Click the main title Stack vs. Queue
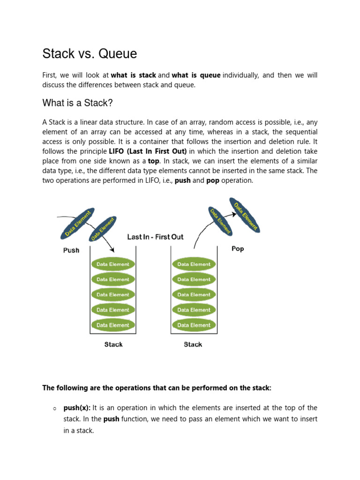tap(90, 54)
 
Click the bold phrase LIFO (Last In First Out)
tap(148, 151)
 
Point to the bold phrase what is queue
tap(196, 75)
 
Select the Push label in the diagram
tap(71, 250)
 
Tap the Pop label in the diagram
tap(238, 248)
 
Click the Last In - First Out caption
tap(155, 237)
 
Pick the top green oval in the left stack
tap(113, 264)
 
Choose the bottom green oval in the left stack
tap(113, 325)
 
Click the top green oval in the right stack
tap(194, 264)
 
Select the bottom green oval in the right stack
tap(194, 325)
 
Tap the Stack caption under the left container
tap(113, 345)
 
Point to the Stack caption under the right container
tap(193, 345)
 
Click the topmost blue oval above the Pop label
tap(245, 215)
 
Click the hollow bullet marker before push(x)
tap(55, 408)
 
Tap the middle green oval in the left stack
tap(113, 294)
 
